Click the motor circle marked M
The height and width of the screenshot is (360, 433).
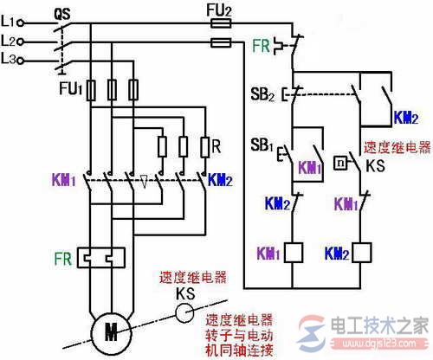tap(110, 331)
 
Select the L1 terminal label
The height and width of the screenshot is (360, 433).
tap(11, 19)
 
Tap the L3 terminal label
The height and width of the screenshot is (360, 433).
tap(11, 59)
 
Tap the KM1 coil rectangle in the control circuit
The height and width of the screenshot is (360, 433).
tap(293, 253)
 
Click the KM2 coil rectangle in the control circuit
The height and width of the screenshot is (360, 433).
tap(365, 253)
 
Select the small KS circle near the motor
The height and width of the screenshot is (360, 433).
tap(184, 313)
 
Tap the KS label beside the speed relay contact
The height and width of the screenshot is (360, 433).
tap(373, 164)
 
